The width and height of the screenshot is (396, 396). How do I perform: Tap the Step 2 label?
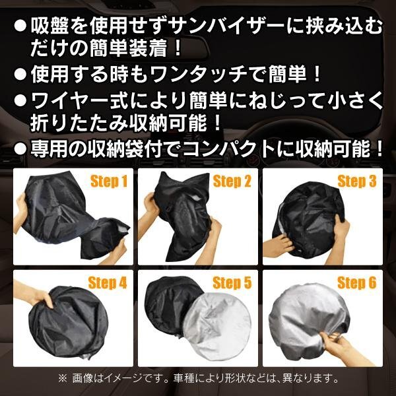232,181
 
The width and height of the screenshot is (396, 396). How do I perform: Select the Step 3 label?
356,181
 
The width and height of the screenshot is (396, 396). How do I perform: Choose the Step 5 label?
232,283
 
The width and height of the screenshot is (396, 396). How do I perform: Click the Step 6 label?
356,283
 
